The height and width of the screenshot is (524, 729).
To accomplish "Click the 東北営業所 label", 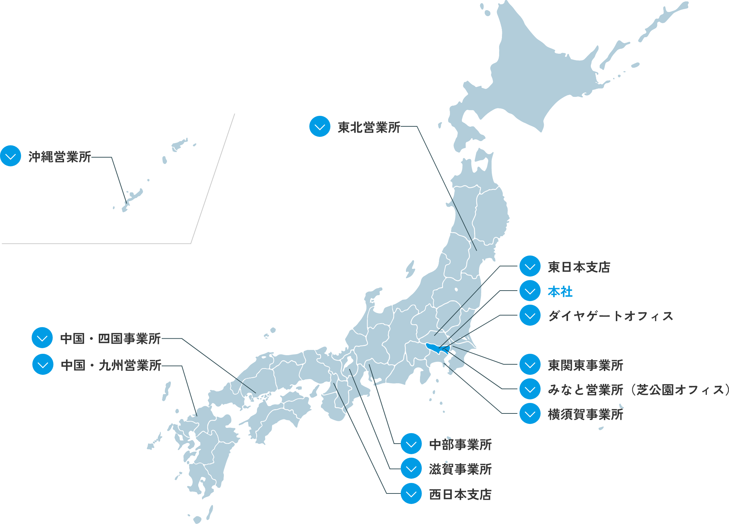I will click(x=369, y=127).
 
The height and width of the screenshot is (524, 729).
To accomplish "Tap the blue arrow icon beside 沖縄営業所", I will click(x=11, y=156).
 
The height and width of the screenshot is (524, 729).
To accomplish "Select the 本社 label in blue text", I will click(x=560, y=292).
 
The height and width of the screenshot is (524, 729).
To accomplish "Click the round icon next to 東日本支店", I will click(x=530, y=267).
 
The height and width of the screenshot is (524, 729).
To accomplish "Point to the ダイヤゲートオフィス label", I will click(x=610, y=316).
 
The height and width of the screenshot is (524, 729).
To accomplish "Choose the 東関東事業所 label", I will click(x=585, y=365).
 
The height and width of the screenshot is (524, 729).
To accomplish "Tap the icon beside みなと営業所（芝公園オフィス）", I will click(x=530, y=389).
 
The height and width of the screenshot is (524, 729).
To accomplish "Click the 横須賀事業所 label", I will click(x=585, y=414).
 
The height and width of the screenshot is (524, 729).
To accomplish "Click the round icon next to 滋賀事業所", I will click(x=411, y=469).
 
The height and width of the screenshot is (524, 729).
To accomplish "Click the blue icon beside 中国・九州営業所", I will click(x=43, y=365).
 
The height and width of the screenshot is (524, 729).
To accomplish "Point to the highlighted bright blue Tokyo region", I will click(x=436, y=348).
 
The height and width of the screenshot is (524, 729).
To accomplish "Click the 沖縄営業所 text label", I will click(x=60, y=157).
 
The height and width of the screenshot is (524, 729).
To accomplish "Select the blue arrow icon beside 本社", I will click(x=530, y=291).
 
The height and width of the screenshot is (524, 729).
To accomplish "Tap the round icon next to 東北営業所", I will click(x=320, y=127).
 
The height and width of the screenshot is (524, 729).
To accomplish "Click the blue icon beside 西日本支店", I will click(x=411, y=494).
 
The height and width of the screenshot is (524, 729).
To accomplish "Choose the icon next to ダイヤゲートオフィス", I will click(x=530, y=316).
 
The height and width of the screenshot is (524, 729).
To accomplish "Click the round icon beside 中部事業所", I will click(x=411, y=444).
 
